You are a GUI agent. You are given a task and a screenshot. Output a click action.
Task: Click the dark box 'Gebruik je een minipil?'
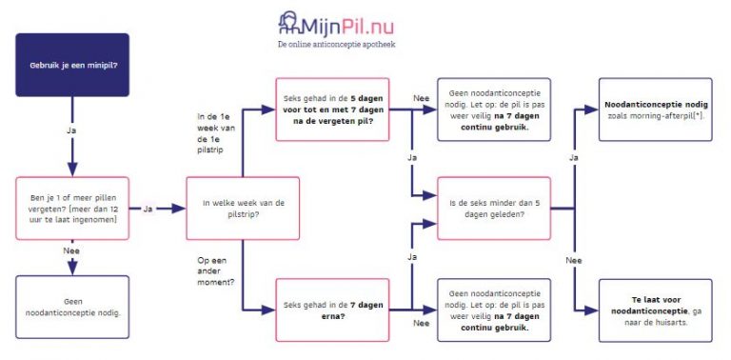(x=72, y=64)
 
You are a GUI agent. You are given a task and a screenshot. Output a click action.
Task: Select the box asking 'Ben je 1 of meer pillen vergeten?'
(x=72, y=208)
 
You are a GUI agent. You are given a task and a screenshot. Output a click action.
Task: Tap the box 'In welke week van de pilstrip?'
(x=243, y=208)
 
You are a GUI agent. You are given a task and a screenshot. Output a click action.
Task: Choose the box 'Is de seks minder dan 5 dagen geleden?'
(x=493, y=208)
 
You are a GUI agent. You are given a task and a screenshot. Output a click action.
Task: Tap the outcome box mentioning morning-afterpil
(x=656, y=110)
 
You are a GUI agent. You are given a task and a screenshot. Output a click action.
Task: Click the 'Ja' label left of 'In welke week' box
(x=148, y=208)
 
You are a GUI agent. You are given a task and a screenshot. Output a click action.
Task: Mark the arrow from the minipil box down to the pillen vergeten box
(x=72, y=148)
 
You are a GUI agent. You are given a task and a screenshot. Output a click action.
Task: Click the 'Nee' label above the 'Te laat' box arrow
(x=572, y=259)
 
